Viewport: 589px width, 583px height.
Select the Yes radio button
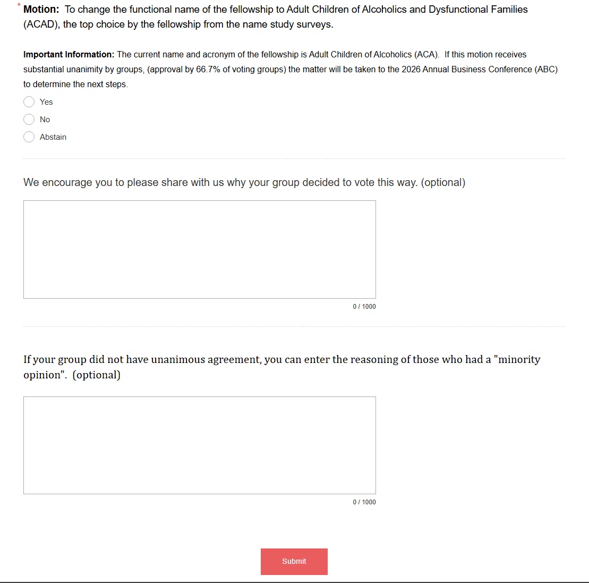(x=29, y=102)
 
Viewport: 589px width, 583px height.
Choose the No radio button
(x=29, y=120)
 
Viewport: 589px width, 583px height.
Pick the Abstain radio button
(x=29, y=137)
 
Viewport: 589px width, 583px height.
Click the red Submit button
(x=294, y=561)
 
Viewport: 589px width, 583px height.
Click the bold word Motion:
(x=41, y=10)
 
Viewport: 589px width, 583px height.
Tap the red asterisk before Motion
(x=19, y=5)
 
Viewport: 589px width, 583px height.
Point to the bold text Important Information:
(x=69, y=55)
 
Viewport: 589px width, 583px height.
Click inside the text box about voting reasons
(x=199, y=249)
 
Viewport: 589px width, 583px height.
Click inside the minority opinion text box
(x=199, y=445)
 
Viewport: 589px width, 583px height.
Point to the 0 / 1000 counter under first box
(x=364, y=307)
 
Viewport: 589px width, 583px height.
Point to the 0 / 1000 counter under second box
(x=364, y=502)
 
